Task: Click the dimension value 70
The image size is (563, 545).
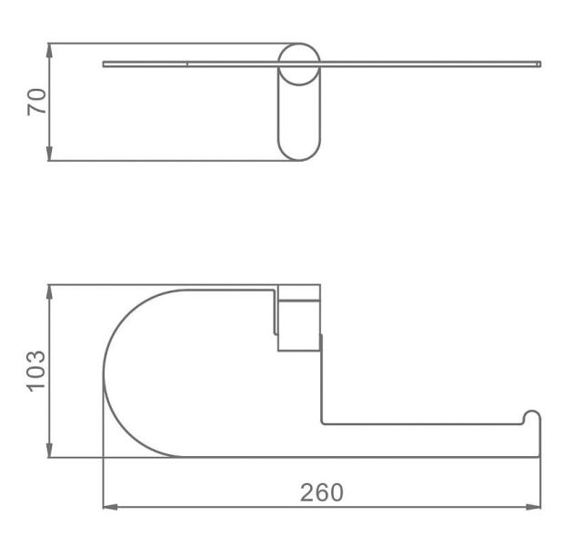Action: click(x=37, y=102)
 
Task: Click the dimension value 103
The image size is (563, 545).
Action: click(x=36, y=371)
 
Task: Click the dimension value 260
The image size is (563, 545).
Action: click(x=321, y=492)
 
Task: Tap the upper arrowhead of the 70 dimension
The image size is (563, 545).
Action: click(x=49, y=51)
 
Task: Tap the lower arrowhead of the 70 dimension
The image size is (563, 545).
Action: click(x=49, y=154)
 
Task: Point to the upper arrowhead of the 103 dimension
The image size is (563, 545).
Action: click(x=49, y=292)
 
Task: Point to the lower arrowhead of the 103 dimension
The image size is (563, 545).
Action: click(x=49, y=450)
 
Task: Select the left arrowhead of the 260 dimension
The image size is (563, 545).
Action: click(x=111, y=507)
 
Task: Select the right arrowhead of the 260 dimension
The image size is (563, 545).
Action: click(x=532, y=507)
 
